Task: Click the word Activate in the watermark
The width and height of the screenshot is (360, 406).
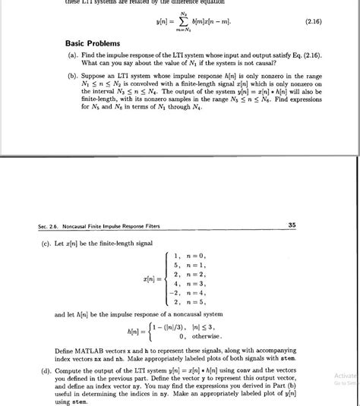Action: [345, 374]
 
